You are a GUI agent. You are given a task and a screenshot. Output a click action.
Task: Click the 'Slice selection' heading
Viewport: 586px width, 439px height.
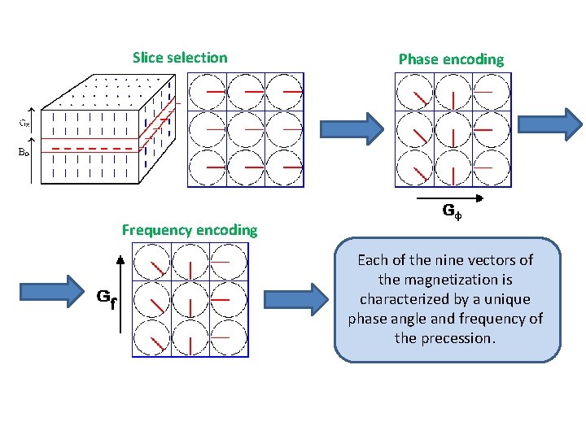pyautogui.click(x=180, y=58)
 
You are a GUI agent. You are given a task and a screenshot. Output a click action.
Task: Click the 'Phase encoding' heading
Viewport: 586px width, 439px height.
pyautogui.click(x=451, y=59)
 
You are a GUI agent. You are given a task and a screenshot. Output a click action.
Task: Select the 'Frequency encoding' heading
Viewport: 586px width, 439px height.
pyautogui.click(x=189, y=230)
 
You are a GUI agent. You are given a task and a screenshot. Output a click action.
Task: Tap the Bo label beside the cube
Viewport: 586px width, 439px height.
pyautogui.click(x=25, y=150)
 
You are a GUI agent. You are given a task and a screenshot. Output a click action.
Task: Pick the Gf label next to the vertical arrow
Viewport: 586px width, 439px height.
pyautogui.click(x=106, y=298)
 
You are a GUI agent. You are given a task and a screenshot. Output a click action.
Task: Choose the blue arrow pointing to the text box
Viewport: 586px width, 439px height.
pyautogui.click(x=311, y=298)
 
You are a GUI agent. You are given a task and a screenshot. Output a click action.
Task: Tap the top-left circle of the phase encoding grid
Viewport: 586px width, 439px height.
pyautogui.click(x=414, y=93)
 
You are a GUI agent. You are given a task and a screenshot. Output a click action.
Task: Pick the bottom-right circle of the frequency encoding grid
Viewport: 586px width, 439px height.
pyautogui.click(x=228, y=337)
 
